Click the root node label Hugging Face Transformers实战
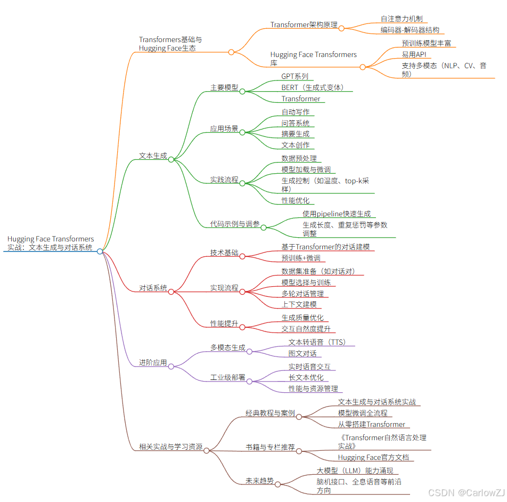tap(51, 244)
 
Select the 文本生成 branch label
tap(153, 156)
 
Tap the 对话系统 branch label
tap(153, 288)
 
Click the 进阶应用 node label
tap(153, 362)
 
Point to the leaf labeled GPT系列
tap(295, 76)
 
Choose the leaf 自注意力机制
tap(401, 19)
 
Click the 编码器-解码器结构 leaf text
tap(410, 30)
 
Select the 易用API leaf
tap(413, 54)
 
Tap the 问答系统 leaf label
tap(295, 123)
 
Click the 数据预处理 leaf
tap(299, 158)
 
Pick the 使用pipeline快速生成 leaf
tap(336, 214)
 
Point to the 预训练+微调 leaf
tap(301, 258)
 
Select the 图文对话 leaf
tap(302, 353)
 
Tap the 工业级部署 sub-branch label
tap(227, 377)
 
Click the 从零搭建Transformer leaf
tap(371, 424)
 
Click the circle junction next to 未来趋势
tap(277, 484)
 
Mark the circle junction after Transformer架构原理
tap(341, 28)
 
